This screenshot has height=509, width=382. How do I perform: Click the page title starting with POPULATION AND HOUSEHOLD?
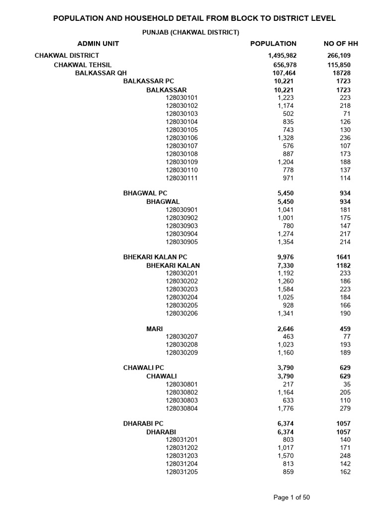194,18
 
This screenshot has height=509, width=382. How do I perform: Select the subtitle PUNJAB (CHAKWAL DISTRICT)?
191,32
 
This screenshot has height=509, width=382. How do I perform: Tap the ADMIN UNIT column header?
98,44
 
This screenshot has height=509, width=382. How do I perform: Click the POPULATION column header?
273,44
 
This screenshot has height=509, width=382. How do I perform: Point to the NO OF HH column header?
341,44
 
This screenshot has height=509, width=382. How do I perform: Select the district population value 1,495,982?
282,56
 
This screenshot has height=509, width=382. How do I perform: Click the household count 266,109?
339,56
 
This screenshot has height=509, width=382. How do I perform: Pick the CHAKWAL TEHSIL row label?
83,65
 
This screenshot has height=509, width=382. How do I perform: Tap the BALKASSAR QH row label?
101,73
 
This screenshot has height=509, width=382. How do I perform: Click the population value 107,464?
285,73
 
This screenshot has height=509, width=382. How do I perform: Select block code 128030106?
182,138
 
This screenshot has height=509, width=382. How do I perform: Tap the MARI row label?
154,329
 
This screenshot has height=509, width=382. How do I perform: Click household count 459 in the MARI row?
345,329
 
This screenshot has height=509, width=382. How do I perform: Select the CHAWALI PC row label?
143,368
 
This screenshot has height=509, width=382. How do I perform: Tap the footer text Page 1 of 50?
292,497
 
